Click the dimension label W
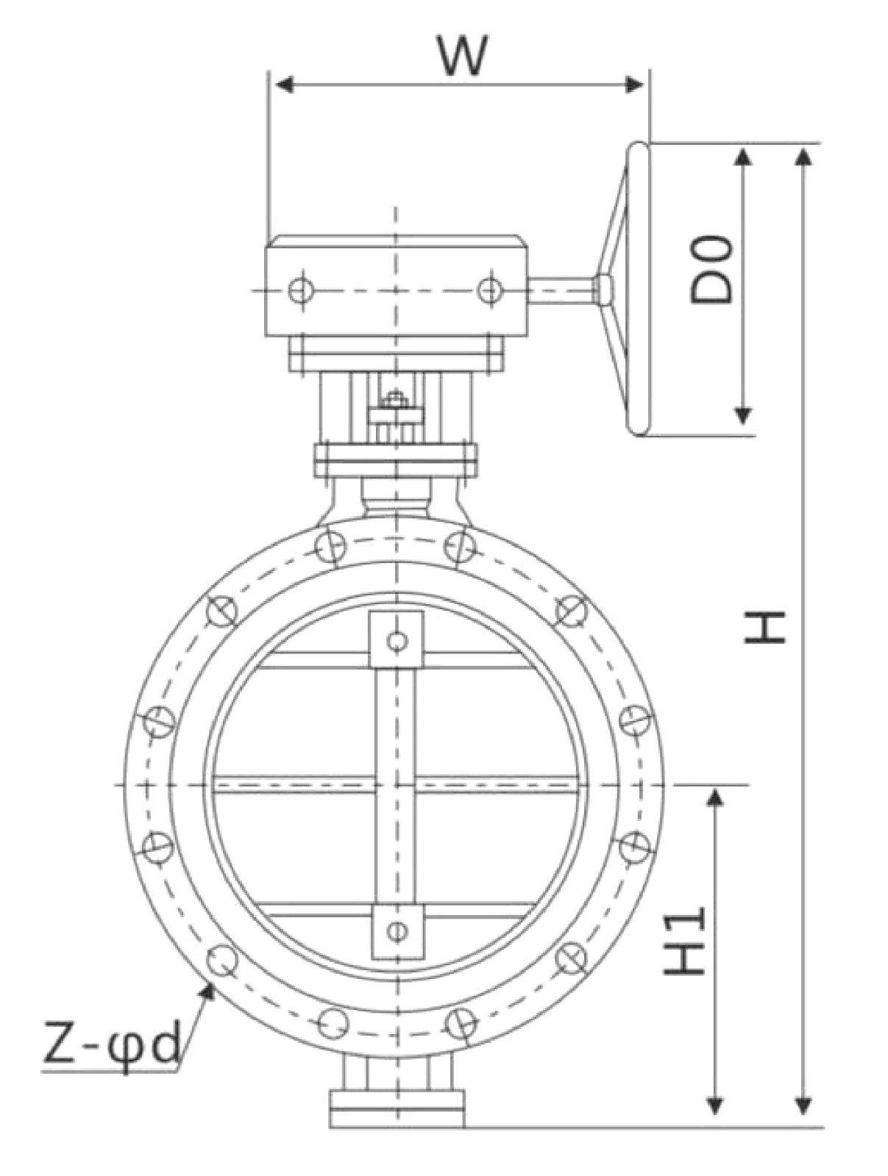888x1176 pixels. (x=463, y=57)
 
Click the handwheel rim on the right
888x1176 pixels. (x=638, y=289)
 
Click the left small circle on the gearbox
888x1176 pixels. (x=301, y=290)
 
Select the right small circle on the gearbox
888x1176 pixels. (x=489, y=290)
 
